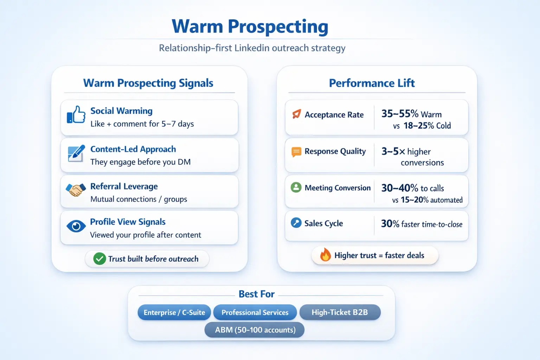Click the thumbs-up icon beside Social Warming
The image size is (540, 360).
point(76,115)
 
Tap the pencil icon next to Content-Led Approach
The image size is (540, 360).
point(76,153)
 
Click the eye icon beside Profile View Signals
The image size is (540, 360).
point(76,226)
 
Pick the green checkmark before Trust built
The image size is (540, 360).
point(99,259)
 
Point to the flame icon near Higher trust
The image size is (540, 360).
point(325,255)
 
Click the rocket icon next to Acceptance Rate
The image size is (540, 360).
point(296,114)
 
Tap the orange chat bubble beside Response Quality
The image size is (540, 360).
point(296,152)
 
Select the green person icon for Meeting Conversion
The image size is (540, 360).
point(296,187)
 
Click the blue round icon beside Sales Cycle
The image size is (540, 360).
point(296,223)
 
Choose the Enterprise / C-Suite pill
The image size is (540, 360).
point(174,312)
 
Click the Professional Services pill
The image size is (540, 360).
point(255,312)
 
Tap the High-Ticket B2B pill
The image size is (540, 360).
point(340,312)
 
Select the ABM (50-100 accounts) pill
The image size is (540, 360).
point(254,330)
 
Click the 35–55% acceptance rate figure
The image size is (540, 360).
point(400,114)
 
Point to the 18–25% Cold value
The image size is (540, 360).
point(427,126)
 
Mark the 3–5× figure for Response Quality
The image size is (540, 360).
point(393,151)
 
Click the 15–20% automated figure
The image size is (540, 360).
point(431,200)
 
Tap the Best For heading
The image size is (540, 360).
point(257,294)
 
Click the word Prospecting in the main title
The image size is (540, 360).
point(278,27)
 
